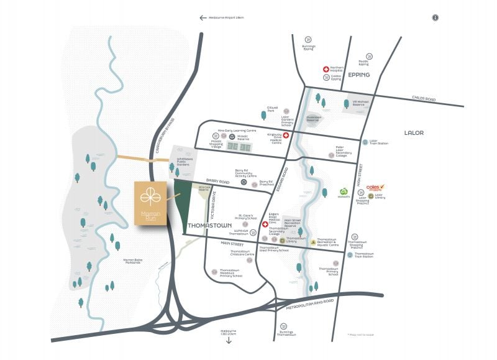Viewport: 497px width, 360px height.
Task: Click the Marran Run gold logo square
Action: coord(149,205)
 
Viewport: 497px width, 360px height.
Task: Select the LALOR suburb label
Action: coord(413,132)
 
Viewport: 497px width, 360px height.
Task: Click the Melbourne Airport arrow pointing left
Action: coord(203,17)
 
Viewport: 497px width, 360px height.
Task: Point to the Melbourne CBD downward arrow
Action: coord(229,341)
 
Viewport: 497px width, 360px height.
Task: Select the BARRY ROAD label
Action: coord(218,182)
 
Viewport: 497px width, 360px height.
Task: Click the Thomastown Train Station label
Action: coord(364,254)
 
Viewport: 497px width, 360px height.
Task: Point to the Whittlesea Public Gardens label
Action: coord(186,160)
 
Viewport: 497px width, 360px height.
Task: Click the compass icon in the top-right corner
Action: coord(435,17)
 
